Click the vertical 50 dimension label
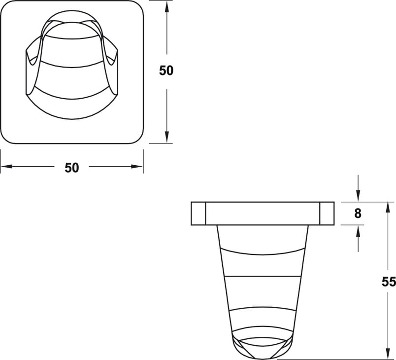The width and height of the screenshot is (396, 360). tap(166, 71)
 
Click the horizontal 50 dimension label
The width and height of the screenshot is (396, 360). tap(72, 168)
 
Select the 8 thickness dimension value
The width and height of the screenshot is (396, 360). tap(358, 214)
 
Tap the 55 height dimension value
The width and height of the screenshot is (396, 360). tap(389, 282)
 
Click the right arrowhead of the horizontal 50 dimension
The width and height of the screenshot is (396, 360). tap(137, 166)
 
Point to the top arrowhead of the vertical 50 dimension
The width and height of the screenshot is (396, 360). tap(166, 7)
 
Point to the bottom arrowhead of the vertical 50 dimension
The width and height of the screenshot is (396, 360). tap(166, 137)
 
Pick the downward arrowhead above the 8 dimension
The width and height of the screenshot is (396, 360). tap(358, 196)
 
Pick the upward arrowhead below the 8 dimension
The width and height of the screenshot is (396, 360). tap(358, 231)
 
